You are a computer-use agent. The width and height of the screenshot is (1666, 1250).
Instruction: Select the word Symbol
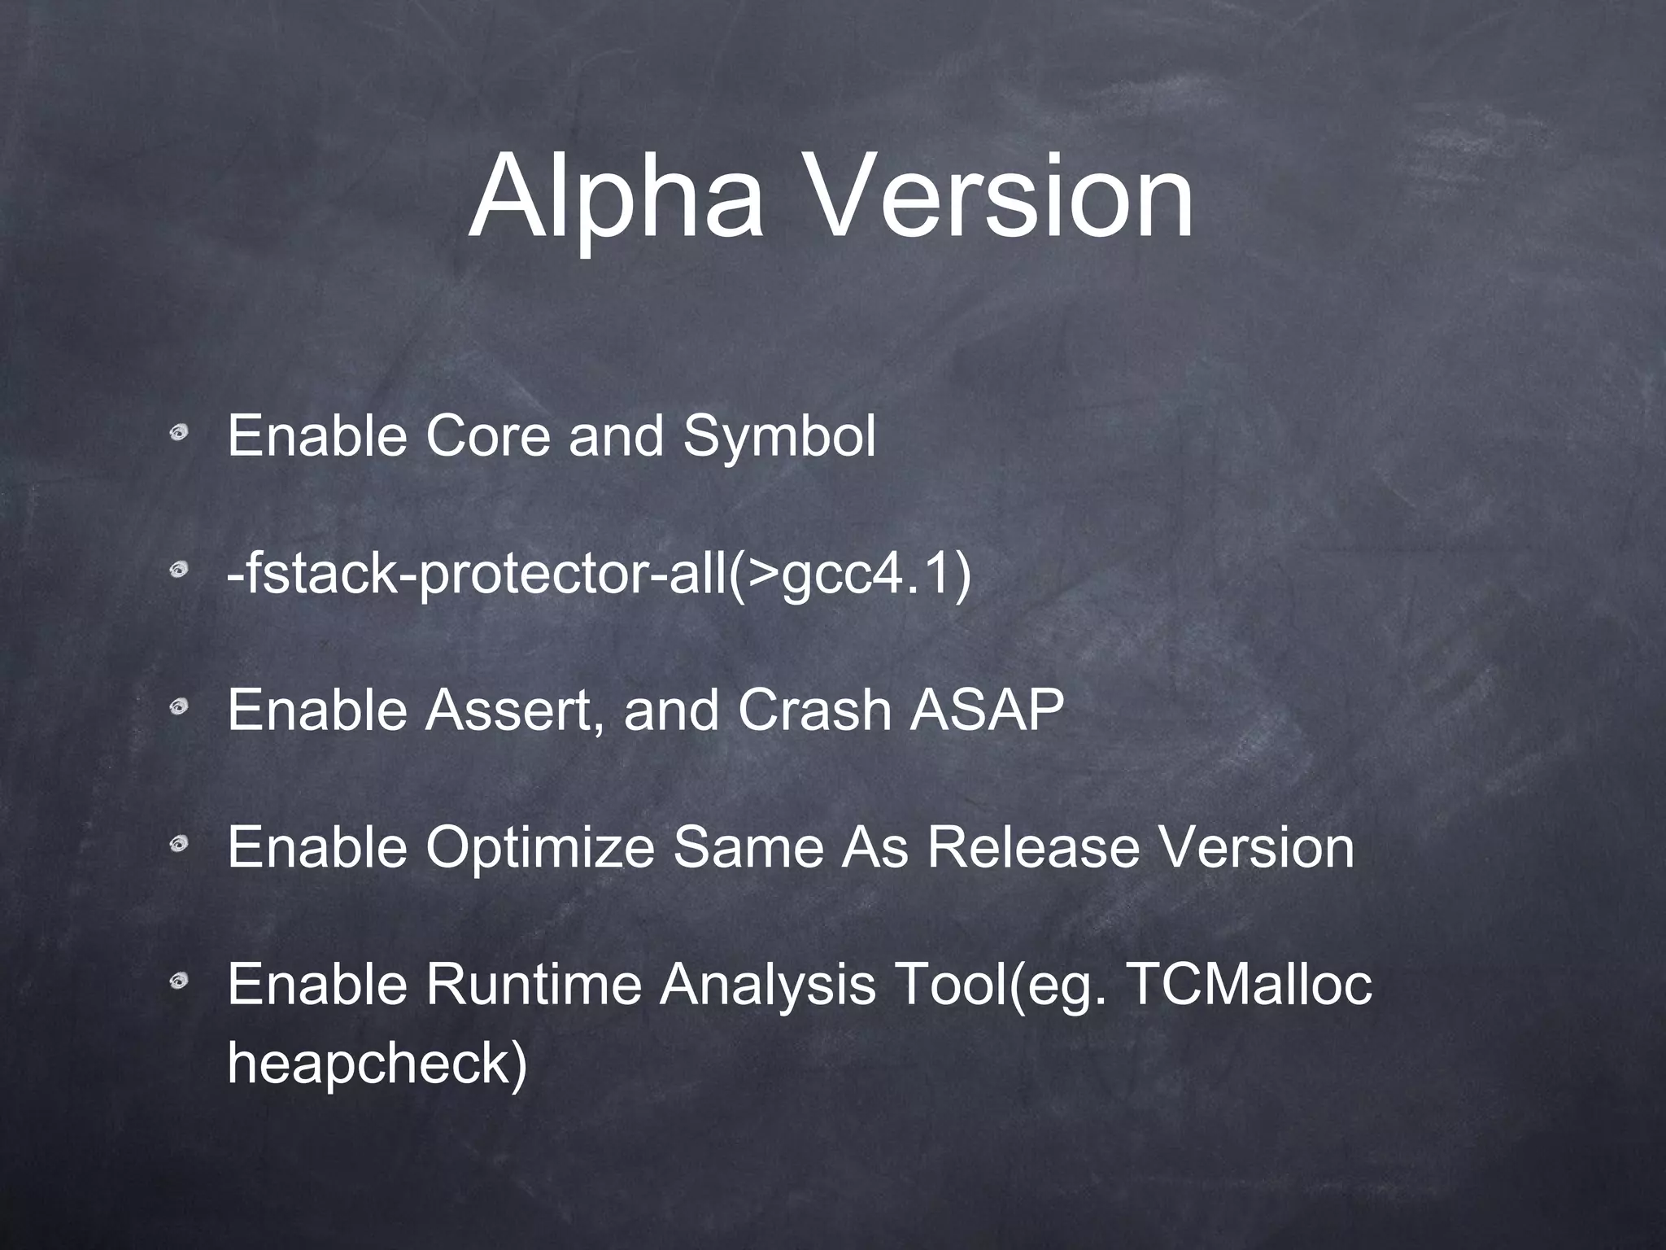point(778,436)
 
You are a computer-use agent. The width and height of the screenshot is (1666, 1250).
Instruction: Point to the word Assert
point(515,710)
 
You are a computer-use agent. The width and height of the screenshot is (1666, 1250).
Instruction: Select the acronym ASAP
point(987,710)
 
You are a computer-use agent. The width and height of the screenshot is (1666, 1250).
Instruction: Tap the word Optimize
point(539,847)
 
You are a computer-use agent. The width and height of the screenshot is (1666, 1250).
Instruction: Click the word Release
point(1032,847)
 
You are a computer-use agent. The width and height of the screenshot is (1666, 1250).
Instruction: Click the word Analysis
point(767,985)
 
